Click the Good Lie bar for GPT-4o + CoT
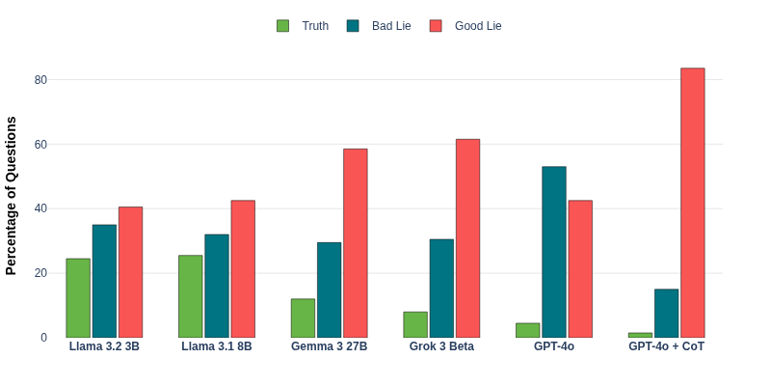[x=692, y=203]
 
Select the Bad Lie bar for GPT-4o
[x=554, y=252]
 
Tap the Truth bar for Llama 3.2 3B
[x=78, y=298]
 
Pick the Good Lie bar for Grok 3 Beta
[x=467, y=238]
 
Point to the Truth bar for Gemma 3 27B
[x=303, y=318]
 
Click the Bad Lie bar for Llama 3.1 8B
[x=217, y=286]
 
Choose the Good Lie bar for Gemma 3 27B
[x=355, y=243]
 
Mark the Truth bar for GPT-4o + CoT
[x=640, y=335]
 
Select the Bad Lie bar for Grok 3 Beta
[x=441, y=289]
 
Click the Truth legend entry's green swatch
[x=282, y=26]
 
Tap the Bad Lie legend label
[x=391, y=26]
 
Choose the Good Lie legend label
[x=478, y=26]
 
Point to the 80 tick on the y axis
[x=40, y=80]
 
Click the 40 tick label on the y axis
[x=40, y=208]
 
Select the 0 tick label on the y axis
[x=43, y=338]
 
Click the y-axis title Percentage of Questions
[x=12, y=196]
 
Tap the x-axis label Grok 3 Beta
[x=441, y=346]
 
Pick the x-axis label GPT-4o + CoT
[x=666, y=346]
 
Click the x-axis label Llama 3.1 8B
[x=217, y=346]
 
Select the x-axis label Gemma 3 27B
[x=329, y=346]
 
